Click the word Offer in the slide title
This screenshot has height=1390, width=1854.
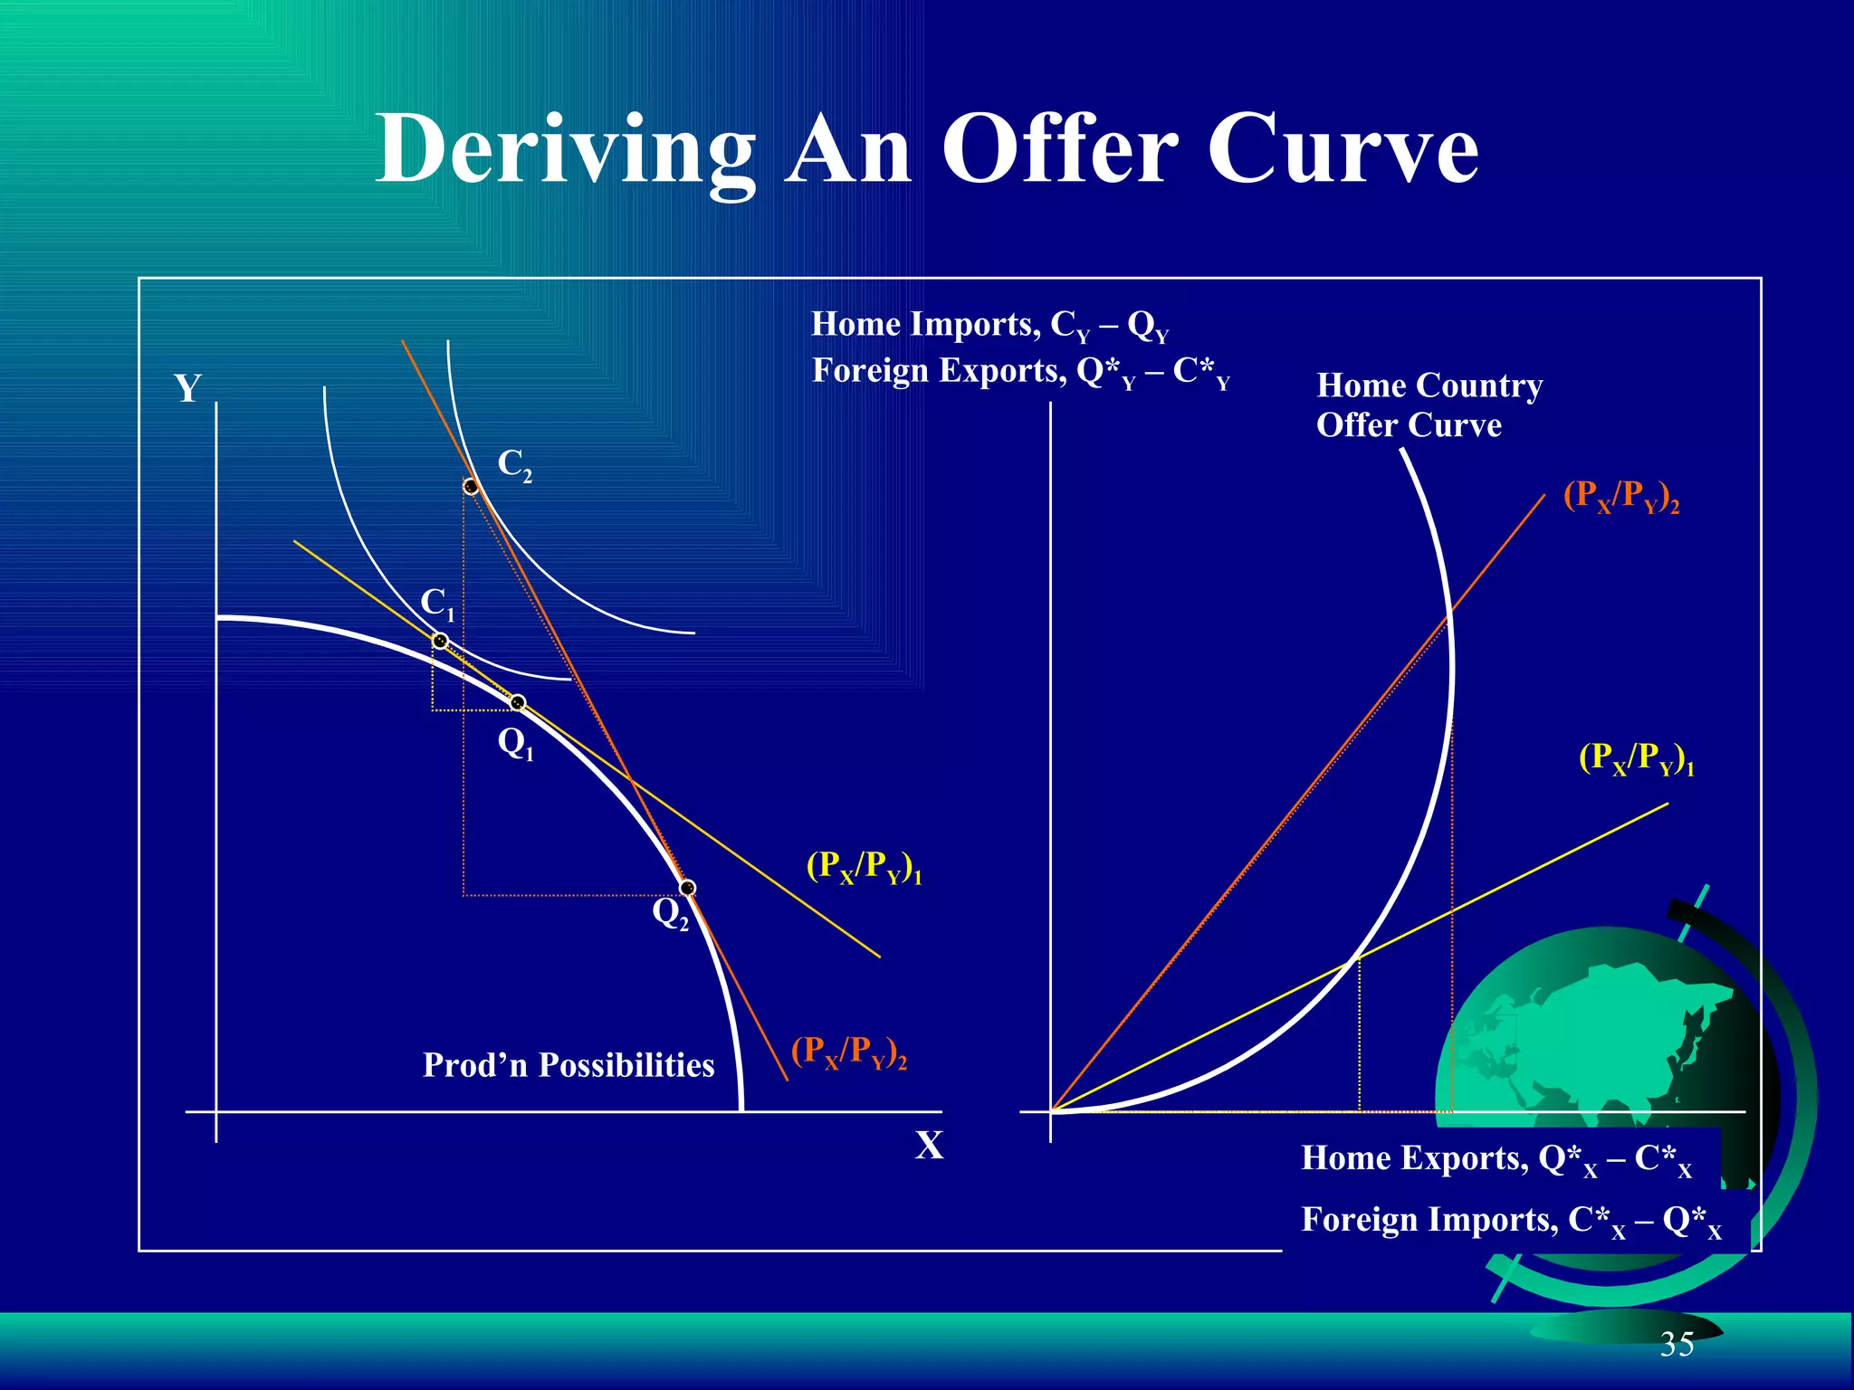1058,149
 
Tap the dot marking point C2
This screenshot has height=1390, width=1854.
471,487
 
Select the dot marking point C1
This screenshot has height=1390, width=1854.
440,641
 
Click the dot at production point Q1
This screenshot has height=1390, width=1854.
518,702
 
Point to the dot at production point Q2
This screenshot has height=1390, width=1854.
688,888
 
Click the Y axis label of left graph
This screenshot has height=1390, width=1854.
187,389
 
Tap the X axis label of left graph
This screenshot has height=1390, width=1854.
929,1146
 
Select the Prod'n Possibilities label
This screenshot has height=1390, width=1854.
569,1065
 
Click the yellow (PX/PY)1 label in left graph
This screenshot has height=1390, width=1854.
864,867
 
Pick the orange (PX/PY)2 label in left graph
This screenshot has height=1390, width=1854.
848,1052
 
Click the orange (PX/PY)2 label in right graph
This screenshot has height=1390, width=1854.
1620,497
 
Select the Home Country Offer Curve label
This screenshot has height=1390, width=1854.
1429,405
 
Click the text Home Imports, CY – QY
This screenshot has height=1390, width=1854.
989,325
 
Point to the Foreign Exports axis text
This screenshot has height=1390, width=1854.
1020,372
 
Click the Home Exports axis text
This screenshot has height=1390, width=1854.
1496,1159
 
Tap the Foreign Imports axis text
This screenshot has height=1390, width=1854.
1510,1221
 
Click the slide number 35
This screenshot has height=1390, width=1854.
1677,1345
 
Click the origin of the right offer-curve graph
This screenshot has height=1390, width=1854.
1051,1111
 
